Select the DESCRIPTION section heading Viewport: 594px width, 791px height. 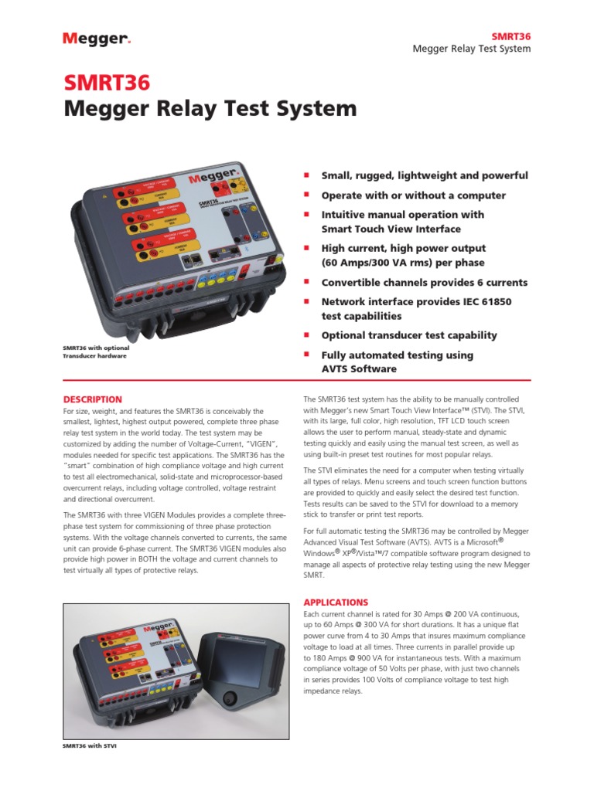(x=92, y=399)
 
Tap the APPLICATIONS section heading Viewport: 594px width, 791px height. (x=336, y=602)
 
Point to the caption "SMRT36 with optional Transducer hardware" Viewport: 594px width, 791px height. (x=94, y=352)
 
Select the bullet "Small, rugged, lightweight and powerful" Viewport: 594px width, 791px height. (x=425, y=175)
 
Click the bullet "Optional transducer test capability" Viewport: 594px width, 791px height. (x=409, y=335)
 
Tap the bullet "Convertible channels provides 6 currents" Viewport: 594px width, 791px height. (x=424, y=282)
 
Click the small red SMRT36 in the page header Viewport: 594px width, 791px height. (x=512, y=36)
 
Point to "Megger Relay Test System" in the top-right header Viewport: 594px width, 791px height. (x=472, y=49)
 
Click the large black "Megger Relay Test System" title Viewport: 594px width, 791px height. (x=210, y=109)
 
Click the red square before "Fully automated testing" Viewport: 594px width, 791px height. (x=306, y=354)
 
